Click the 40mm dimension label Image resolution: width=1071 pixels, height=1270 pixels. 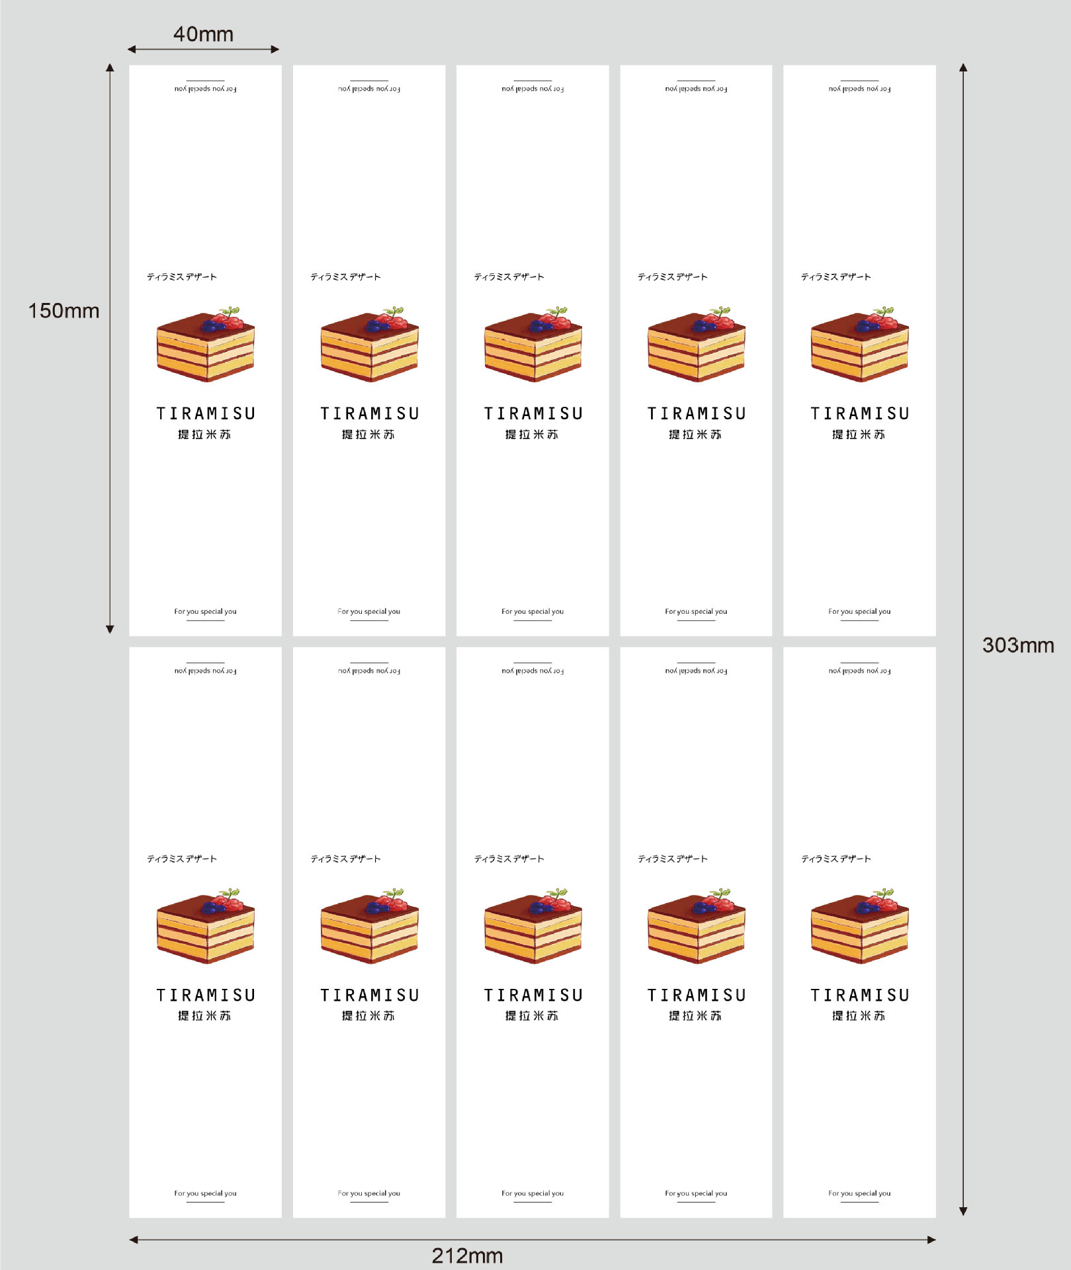coord(203,34)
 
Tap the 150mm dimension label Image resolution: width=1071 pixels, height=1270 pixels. coord(64,311)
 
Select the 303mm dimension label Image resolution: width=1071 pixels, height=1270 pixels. coord(1018,645)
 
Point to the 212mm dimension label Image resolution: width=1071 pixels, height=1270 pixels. coord(467,1255)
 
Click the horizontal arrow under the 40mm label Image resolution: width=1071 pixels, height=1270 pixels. coord(203,49)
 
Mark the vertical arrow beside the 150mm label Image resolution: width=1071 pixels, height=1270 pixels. coord(110,349)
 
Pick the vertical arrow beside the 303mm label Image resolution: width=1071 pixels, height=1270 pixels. coord(963,639)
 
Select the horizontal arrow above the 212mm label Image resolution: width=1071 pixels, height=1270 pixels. coord(533,1240)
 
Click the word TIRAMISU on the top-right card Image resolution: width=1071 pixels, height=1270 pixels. coord(860,413)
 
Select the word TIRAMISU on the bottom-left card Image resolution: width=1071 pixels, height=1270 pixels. coord(206,995)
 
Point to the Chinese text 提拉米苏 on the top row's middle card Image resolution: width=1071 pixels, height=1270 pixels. coord(532,435)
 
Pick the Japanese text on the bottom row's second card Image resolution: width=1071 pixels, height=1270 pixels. coord(345,859)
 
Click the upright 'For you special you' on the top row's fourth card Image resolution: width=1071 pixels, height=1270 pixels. coord(696,612)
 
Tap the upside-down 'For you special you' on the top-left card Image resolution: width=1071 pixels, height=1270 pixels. coord(205,89)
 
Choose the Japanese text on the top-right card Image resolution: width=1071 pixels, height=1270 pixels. coord(835,276)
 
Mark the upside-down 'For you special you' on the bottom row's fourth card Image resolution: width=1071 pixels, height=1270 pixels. coord(696,671)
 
